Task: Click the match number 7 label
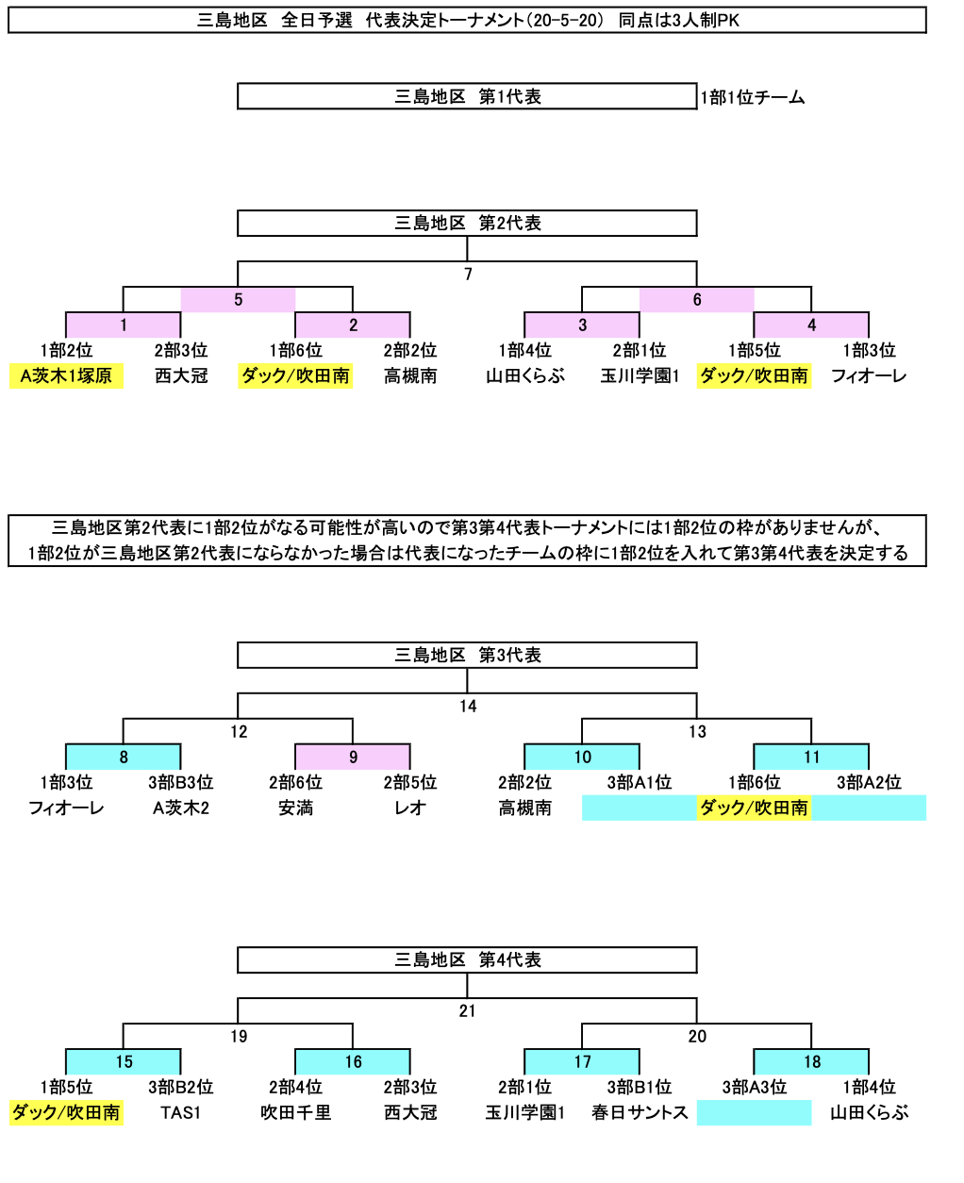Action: click(x=468, y=274)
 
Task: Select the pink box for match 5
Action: click(x=238, y=299)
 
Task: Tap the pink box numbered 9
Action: click(x=353, y=757)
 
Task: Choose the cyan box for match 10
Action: click(x=582, y=757)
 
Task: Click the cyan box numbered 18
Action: click(x=811, y=1061)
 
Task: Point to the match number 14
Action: click(x=468, y=706)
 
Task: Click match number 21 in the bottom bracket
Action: click(x=468, y=1010)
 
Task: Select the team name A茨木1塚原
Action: click(x=66, y=376)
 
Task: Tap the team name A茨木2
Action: click(x=181, y=808)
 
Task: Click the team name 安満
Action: click(x=295, y=808)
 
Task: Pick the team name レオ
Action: click(x=410, y=808)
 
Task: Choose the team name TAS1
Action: click(x=180, y=1112)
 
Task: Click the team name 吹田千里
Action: click(x=295, y=1112)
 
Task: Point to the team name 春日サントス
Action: click(x=640, y=1112)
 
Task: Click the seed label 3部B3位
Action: click(x=181, y=782)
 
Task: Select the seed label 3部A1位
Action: click(x=640, y=782)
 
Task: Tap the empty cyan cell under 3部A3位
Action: click(x=754, y=1112)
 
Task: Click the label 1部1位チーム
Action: click(x=753, y=98)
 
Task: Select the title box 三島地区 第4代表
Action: click(x=467, y=959)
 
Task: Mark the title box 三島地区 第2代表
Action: click(x=467, y=224)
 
